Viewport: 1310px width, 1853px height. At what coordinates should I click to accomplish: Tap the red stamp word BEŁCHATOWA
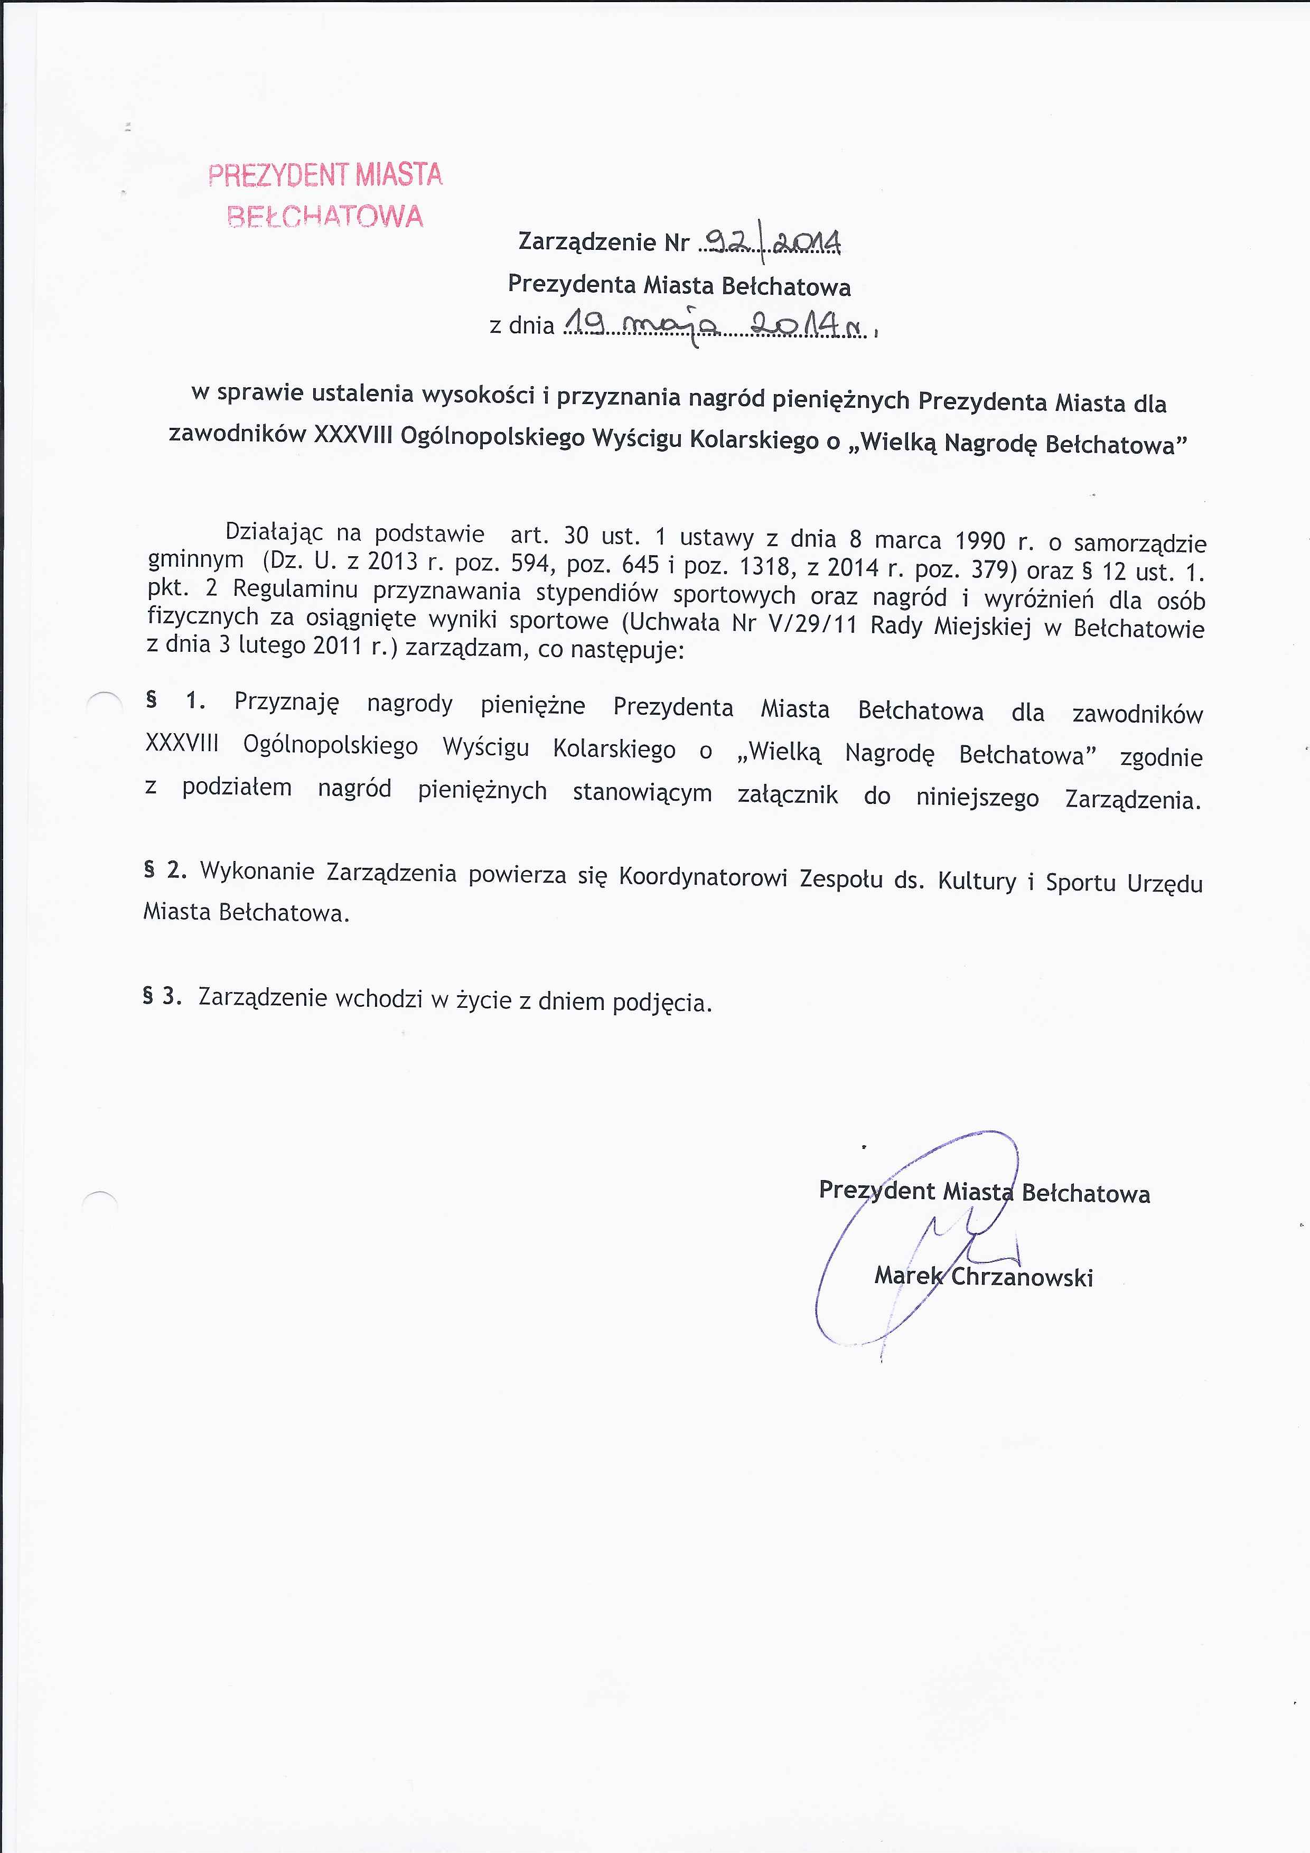(x=324, y=216)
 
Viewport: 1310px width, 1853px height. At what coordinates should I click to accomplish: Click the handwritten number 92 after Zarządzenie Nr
(x=729, y=240)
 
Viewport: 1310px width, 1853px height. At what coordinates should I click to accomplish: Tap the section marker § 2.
(x=165, y=869)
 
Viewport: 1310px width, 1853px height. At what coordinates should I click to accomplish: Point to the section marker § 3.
(x=162, y=996)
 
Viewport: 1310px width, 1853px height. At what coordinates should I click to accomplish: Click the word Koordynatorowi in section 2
(x=702, y=877)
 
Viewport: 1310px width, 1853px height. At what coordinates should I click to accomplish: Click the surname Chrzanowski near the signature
(x=1022, y=1277)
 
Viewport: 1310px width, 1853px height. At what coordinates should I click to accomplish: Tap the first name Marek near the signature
(x=908, y=1275)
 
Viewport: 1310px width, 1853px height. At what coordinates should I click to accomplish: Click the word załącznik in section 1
(x=788, y=795)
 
